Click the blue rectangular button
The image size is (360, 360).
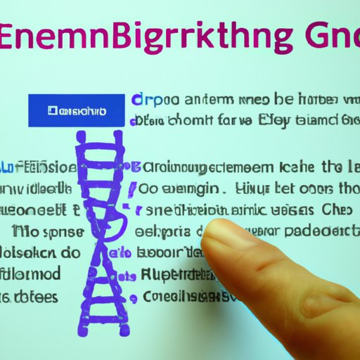click(67, 110)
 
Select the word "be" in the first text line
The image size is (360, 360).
click(284, 100)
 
